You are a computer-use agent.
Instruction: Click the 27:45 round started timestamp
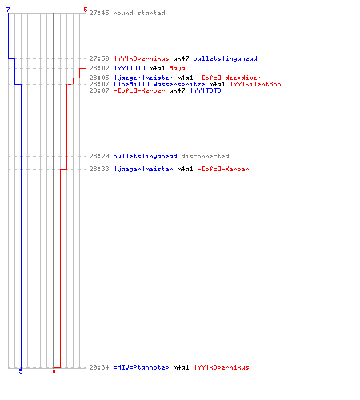[99, 13]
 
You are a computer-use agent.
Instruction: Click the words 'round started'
[139, 13]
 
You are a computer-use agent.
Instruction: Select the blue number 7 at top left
[8, 10]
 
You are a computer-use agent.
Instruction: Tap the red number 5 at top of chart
[86, 10]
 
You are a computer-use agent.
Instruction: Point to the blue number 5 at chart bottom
[21, 371]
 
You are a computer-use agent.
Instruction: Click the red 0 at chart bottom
[54, 371]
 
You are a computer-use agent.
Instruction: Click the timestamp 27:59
[99, 58]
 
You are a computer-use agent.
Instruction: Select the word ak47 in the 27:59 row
[181, 58]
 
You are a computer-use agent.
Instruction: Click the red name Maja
[177, 68]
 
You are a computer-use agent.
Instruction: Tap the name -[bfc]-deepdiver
[229, 78]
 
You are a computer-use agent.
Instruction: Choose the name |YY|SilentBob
[256, 84]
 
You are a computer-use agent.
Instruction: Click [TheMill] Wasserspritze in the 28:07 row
[159, 84]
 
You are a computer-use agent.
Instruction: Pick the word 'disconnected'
[205, 156]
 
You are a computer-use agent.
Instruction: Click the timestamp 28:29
[99, 156]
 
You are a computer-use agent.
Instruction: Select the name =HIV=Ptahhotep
[141, 367]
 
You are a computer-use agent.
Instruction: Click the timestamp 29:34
[99, 367]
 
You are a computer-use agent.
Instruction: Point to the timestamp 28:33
[99, 169]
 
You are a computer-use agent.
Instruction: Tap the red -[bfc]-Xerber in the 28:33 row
[223, 169]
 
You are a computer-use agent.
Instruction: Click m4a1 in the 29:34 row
[181, 367]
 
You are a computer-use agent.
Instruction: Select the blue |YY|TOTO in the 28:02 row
[130, 68]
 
